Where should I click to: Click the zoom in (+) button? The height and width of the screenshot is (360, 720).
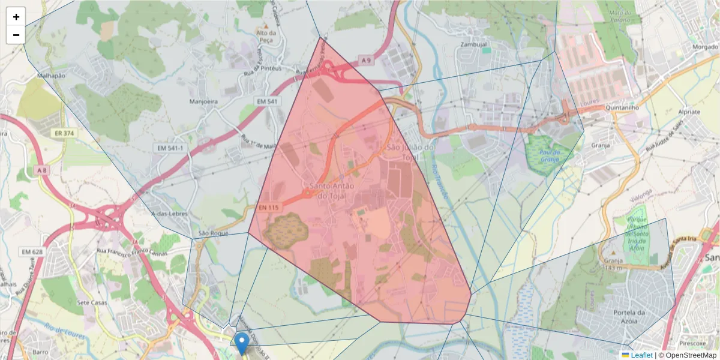(x=16, y=17)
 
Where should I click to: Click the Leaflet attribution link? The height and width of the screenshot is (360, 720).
(x=641, y=355)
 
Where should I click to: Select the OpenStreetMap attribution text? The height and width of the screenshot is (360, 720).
(x=691, y=355)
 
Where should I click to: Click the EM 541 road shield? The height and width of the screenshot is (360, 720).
(x=265, y=101)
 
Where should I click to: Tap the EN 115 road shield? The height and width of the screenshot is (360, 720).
(x=269, y=208)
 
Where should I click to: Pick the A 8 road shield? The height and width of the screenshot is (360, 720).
(x=41, y=171)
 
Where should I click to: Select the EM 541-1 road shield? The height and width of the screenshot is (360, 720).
(x=170, y=148)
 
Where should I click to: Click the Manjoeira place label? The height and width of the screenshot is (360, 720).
(x=203, y=101)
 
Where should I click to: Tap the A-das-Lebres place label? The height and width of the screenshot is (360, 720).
(x=170, y=214)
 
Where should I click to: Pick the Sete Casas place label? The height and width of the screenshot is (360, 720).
(x=91, y=302)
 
